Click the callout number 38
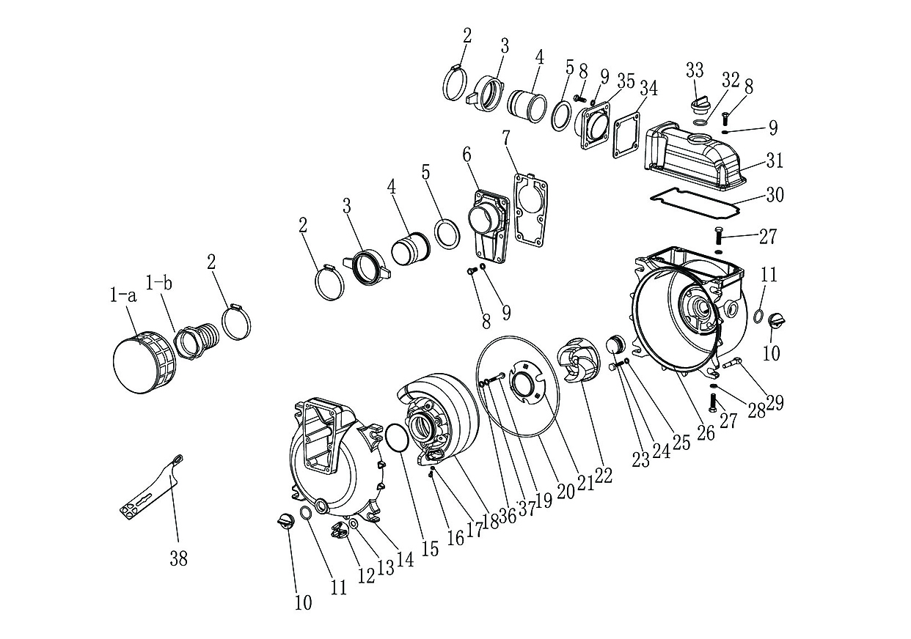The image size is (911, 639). point(178,559)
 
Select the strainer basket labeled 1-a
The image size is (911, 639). point(144,361)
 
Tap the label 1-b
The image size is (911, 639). point(158,283)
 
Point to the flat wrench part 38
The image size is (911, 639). point(151,488)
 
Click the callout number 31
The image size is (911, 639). point(775,161)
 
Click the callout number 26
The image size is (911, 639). point(706,433)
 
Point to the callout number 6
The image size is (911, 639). point(467,155)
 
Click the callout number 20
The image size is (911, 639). point(566,492)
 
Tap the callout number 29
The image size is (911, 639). point(775,402)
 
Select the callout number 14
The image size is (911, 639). point(404,559)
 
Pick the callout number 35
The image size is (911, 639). point(626,81)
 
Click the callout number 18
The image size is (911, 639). point(491,521)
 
